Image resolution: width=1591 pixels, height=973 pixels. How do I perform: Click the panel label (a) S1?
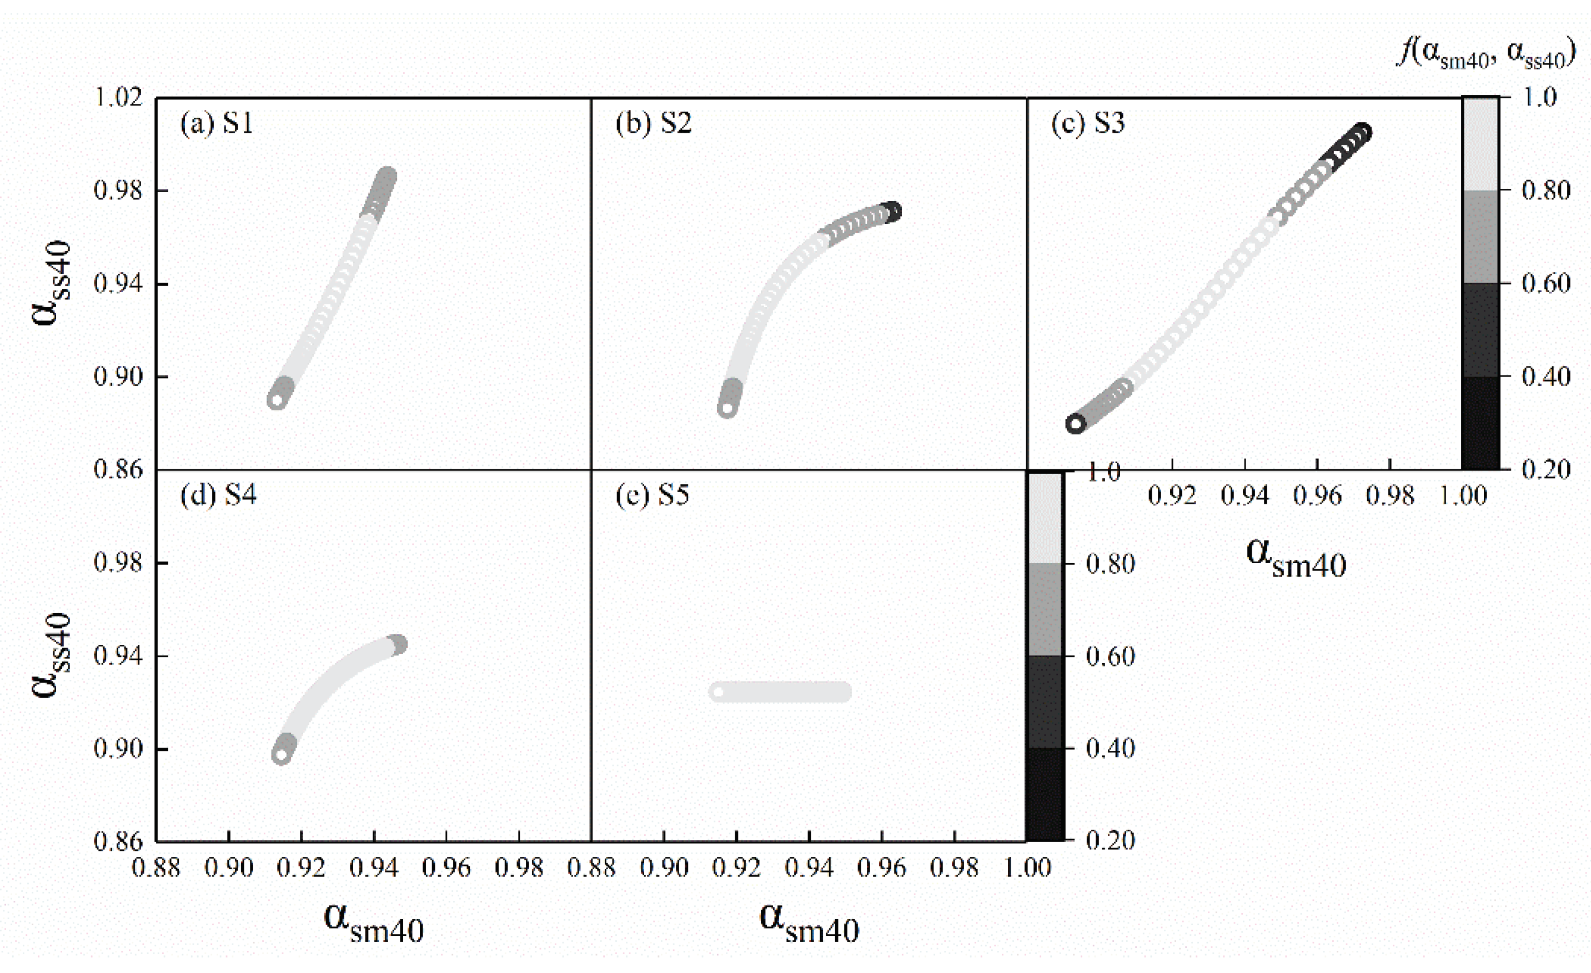pyautogui.click(x=217, y=123)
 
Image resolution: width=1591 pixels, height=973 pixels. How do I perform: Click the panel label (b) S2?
pyautogui.click(x=653, y=123)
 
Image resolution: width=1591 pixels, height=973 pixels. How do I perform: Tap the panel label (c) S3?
pyautogui.click(x=1088, y=123)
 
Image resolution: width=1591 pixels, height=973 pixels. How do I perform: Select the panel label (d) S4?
pyautogui.click(x=218, y=495)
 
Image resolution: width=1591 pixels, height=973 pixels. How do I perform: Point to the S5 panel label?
pyautogui.click(x=652, y=495)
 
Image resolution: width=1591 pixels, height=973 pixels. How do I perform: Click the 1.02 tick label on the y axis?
pyautogui.click(x=118, y=98)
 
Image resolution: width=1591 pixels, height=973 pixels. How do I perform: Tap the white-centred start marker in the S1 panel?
pyautogui.click(x=277, y=400)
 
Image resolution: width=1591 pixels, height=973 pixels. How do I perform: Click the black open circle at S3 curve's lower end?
pyautogui.click(x=1075, y=424)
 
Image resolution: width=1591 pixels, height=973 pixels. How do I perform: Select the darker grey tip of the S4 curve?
pyautogui.click(x=398, y=644)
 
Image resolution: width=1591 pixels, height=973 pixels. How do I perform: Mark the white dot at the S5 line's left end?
pyautogui.click(x=718, y=692)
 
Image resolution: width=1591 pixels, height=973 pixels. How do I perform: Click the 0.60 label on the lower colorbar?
pyautogui.click(x=1110, y=656)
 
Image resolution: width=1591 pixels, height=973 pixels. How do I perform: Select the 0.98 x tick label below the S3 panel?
pyautogui.click(x=1389, y=496)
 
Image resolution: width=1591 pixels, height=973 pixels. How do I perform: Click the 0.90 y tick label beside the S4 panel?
pyautogui.click(x=118, y=749)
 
